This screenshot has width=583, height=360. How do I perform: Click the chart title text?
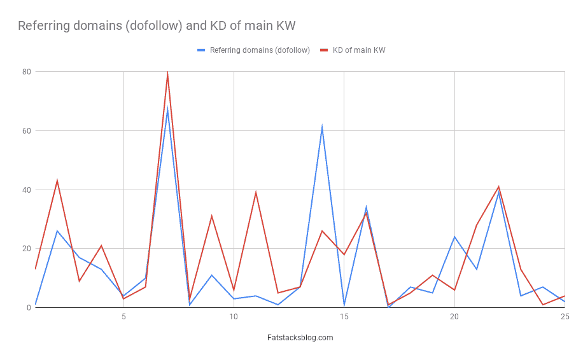pyautogui.click(x=157, y=26)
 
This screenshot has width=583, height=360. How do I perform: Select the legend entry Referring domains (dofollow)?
pyautogui.click(x=260, y=50)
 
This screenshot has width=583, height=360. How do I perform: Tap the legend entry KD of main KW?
pyautogui.click(x=358, y=50)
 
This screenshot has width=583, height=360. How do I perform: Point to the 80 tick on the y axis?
pyautogui.click(x=26, y=72)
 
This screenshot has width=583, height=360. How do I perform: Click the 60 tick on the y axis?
pyautogui.click(x=26, y=131)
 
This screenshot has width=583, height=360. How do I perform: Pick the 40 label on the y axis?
pyautogui.click(x=26, y=190)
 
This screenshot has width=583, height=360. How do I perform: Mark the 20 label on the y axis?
pyautogui.click(x=26, y=249)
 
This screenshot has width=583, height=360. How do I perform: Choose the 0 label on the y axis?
pyautogui.click(x=29, y=308)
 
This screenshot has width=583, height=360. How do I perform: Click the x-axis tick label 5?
pyautogui.click(x=123, y=317)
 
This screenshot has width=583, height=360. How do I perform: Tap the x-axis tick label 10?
pyautogui.click(x=234, y=317)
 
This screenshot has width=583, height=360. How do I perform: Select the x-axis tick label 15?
pyautogui.click(x=344, y=317)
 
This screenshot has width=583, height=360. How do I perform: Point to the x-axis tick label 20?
pyautogui.click(x=454, y=317)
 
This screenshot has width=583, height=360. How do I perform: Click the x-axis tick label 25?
pyautogui.click(x=565, y=317)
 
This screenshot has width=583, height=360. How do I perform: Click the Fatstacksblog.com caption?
pyautogui.click(x=300, y=338)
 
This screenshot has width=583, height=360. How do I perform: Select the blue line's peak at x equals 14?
pyautogui.click(x=322, y=128)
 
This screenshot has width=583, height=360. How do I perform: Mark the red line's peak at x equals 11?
pyautogui.click(x=256, y=193)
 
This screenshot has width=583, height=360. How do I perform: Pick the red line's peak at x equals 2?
pyautogui.click(x=57, y=181)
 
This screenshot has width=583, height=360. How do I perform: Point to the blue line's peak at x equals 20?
pyautogui.click(x=454, y=237)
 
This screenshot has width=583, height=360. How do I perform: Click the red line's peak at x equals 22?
pyautogui.click(x=498, y=187)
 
